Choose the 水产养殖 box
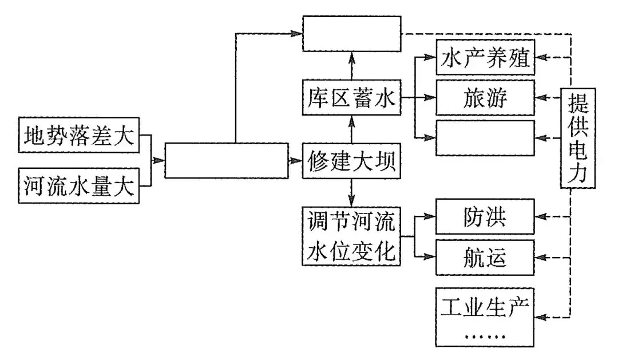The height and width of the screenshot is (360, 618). point(485,58)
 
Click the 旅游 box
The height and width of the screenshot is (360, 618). point(485,98)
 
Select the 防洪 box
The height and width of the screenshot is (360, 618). point(485,216)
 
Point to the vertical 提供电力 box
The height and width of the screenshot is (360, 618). point(576,139)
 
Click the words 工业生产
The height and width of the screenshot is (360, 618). point(485,308)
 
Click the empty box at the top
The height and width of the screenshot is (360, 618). point(351,34)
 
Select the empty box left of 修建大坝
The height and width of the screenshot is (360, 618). point(227,161)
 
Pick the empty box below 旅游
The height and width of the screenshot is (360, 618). point(485,138)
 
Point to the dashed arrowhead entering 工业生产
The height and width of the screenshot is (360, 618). point(541,317)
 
